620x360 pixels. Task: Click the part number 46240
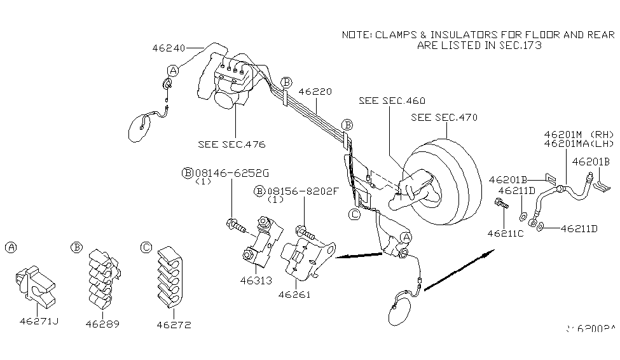(x=169, y=47)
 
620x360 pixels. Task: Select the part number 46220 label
(x=315, y=92)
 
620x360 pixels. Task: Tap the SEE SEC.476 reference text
(x=226, y=144)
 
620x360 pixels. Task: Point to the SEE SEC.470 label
(x=444, y=117)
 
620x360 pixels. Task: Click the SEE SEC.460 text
(x=392, y=100)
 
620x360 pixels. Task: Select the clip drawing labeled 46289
(x=101, y=274)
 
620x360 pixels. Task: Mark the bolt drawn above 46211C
(x=501, y=205)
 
